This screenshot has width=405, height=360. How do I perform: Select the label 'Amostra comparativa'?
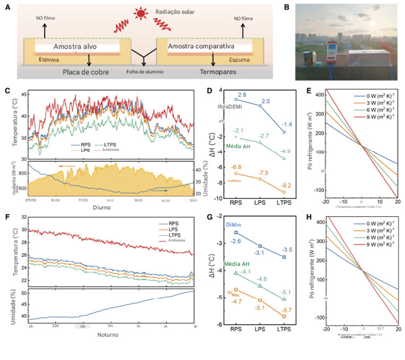202,47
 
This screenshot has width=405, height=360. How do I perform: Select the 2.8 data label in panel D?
242,95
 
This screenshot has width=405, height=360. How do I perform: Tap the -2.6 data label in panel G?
235,240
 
